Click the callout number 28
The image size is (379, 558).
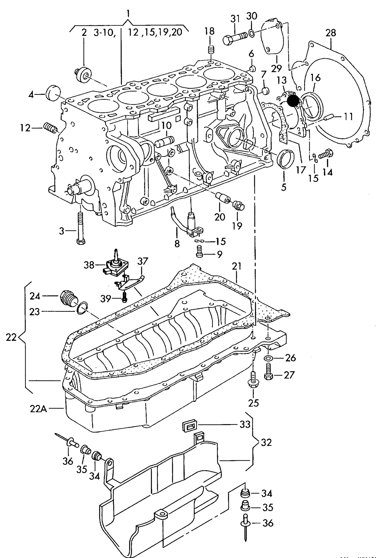pyautogui.click(x=331, y=33)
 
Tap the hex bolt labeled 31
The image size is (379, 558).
pyautogui.click(x=234, y=38)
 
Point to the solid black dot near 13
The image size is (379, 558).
pyautogui.click(x=293, y=101)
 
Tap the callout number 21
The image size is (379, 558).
pyautogui.click(x=237, y=266)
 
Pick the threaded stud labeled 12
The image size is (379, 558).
pyautogui.click(x=50, y=128)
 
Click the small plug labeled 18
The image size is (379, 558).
pyautogui.click(x=210, y=50)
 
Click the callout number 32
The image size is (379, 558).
pyautogui.click(x=266, y=443)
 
